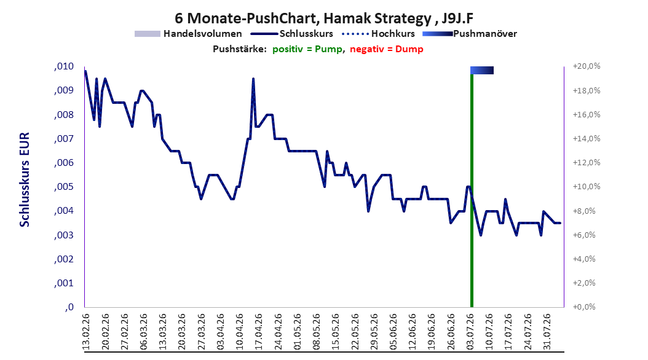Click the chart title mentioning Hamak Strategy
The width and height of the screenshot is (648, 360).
pyautogui.click(x=324, y=18)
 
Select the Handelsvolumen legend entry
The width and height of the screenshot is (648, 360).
pyautogui.click(x=188, y=34)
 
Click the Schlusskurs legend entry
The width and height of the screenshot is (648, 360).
pyautogui.click(x=292, y=34)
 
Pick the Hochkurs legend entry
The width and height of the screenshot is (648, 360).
pyautogui.click(x=379, y=34)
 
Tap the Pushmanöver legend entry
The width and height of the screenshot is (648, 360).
pyautogui.click(x=470, y=34)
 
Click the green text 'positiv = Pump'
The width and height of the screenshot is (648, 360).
pyautogui.click(x=307, y=49)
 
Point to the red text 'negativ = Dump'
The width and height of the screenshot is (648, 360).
pyautogui.click(x=387, y=49)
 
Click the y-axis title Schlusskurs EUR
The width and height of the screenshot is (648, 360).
pyautogui.click(x=25, y=179)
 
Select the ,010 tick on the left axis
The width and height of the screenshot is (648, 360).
pyautogui.click(x=64, y=66)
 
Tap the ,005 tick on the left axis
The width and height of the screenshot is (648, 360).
pyautogui.click(x=64, y=187)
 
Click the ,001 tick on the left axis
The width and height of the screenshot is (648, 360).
pyautogui.click(x=64, y=283)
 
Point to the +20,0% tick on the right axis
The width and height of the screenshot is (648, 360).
pyautogui.click(x=587, y=66)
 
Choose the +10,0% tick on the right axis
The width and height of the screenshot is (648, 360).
pyautogui.click(x=587, y=187)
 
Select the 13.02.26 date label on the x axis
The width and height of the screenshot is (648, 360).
pyautogui.click(x=86, y=332)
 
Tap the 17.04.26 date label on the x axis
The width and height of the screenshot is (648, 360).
pyautogui.click(x=259, y=332)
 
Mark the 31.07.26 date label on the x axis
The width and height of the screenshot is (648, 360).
pyautogui.click(x=547, y=332)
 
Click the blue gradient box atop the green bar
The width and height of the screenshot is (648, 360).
pyautogui.click(x=482, y=70)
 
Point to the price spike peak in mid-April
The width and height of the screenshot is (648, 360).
pyautogui.click(x=253, y=79)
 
